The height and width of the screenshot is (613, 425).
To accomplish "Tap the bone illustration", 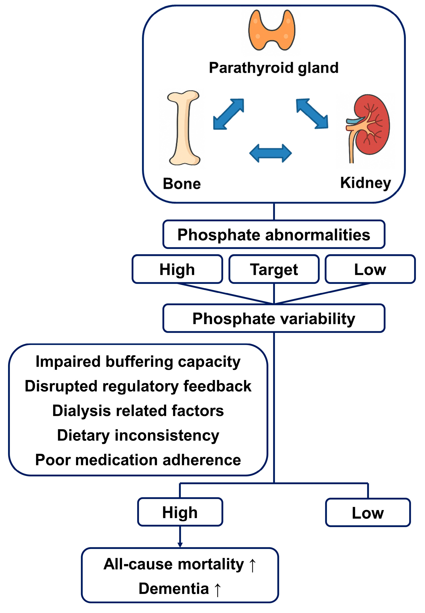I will coord(184,128).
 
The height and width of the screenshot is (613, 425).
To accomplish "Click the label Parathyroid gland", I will coord(273,68).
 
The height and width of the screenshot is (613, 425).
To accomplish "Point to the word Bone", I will coord(182,184).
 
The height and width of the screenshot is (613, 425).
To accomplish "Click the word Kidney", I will coord(365,183).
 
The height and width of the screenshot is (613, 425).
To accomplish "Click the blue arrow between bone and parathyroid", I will coord(228,114).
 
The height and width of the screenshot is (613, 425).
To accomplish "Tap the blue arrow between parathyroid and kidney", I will coord(312,114).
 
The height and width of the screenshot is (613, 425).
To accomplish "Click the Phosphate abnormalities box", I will coord(273,235).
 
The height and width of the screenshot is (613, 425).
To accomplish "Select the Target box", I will coord(274,269).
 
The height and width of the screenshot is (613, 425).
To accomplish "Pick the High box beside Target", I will coord(177,269).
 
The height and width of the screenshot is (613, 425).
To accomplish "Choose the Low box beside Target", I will coord(370,269).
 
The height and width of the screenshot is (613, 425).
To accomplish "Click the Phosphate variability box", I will coord(273,318).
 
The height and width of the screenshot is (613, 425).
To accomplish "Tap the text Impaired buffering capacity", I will coord(138,362).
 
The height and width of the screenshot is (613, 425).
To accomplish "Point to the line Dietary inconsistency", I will coord(138,435).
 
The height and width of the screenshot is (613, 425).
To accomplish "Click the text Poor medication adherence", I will coord(138,460).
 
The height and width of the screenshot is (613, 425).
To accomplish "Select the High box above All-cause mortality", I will coord(180,512).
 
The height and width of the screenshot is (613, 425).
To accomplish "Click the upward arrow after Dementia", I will coord(218,590).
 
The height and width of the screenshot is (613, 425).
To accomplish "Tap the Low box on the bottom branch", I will coord(367,513).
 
